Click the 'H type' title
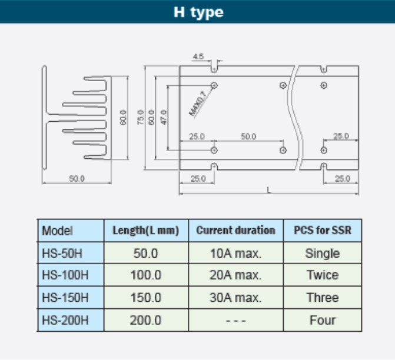coord(198,12)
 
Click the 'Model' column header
coord(58,230)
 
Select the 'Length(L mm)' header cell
coord(145,230)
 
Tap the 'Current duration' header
coord(235,230)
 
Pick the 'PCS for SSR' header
coord(322,230)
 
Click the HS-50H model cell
coord(63,253)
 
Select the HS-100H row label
coord(65,275)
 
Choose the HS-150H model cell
coord(65,298)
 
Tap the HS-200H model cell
coord(65,320)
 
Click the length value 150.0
coord(145,298)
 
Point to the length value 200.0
coord(145,320)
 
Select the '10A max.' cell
coord(235,253)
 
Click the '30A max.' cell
coord(235,298)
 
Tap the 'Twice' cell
coord(322,275)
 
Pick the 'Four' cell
coord(322,320)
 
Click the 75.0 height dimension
coord(140,116)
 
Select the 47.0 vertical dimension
coord(164,116)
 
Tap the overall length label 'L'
coord(268,189)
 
